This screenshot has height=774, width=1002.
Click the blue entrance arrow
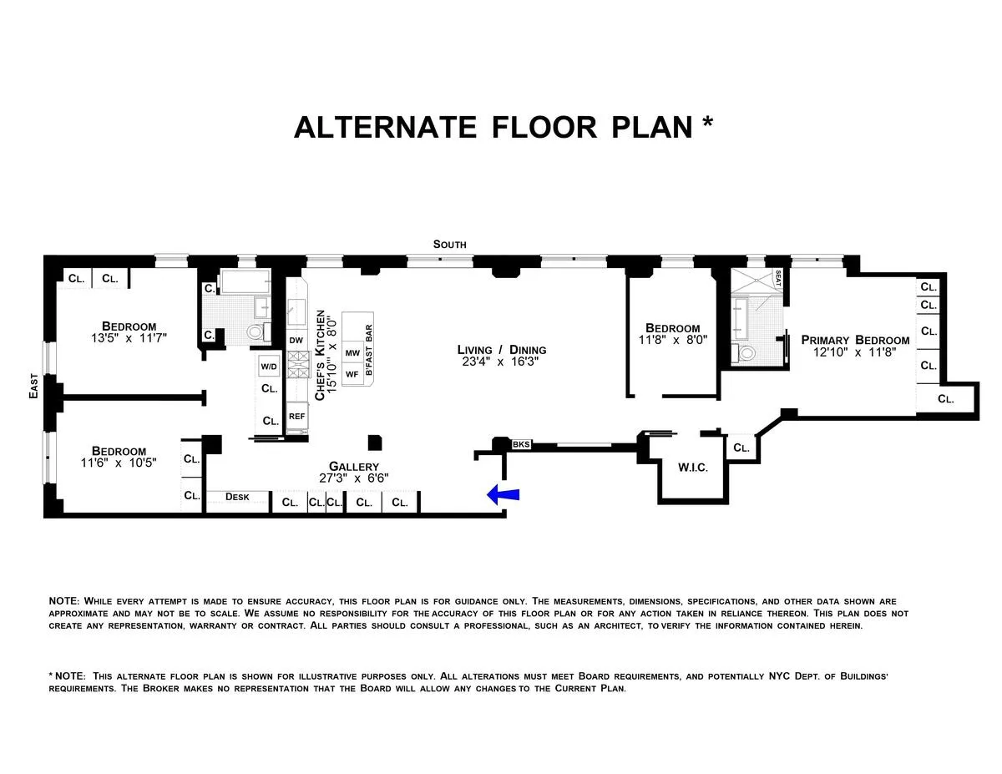(504, 495)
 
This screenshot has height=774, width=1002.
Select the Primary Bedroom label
(855, 340)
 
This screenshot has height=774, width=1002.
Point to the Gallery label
(353, 467)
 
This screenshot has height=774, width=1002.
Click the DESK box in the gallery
(238, 497)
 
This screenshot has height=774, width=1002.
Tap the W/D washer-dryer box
(269, 367)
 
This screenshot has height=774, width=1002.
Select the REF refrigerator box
(296, 415)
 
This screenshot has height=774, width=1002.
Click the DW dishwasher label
(296, 340)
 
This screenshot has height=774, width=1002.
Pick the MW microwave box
(352, 353)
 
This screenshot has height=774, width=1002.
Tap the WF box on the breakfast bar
(352, 374)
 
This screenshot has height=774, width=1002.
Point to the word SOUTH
(449, 245)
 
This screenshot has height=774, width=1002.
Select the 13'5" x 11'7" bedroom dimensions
(129, 339)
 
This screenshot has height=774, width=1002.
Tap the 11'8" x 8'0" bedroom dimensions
(672, 341)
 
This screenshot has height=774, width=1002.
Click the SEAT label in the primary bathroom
(777, 278)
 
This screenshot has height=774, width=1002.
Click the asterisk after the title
(707, 122)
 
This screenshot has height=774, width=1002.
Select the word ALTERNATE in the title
(385, 127)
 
